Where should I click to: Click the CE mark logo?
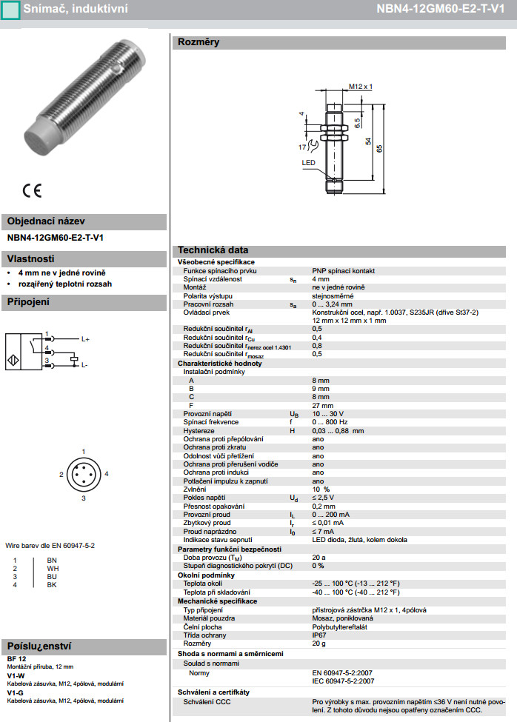(x=32, y=190)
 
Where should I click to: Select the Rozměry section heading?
(x=198, y=43)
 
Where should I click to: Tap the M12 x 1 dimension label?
(x=360, y=87)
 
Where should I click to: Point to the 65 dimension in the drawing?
(x=380, y=149)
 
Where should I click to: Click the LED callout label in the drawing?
(x=308, y=162)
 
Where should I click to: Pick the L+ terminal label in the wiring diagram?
(x=85, y=338)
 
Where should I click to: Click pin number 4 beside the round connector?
(x=107, y=473)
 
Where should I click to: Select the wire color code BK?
(x=52, y=585)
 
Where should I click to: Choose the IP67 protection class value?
(x=319, y=635)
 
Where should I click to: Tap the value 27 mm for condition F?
(x=321, y=405)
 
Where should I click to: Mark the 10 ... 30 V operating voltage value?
(x=327, y=413)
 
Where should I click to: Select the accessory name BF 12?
(x=17, y=658)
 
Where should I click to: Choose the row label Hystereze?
(x=199, y=430)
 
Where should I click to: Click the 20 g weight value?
(x=318, y=644)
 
